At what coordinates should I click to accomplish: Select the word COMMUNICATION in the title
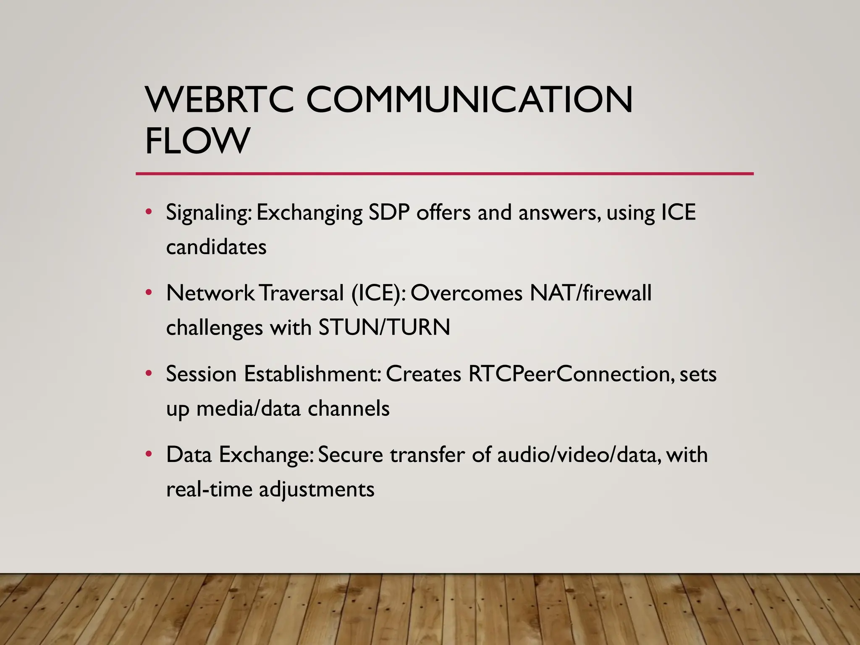pyautogui.click(x=469, y=100)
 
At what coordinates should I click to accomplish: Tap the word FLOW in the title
pyautogui.click(x=197, y=141)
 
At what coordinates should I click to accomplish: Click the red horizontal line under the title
pyautogui.click(x=444, y=173)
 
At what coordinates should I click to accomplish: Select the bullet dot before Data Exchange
pyautogui.click(x=148, y=454)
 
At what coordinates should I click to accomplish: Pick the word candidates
pyautogui.click(x=216, y=247)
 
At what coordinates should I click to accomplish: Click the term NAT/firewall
pyautogui.click(x=590, y=293)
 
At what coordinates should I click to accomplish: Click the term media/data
pyautogui.click(x=249, y=409)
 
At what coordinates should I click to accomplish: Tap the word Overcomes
pyautogui.click(x=466, y=293)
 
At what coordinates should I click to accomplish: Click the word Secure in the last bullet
pyautogui.click(x=350, y=455)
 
